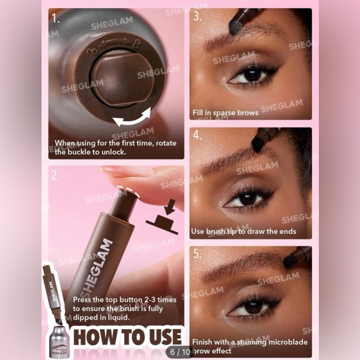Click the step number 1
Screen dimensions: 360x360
pos(56,18)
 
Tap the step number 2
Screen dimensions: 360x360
pos(56,176)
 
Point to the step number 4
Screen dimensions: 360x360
pos(198,135)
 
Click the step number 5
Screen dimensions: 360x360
pos(198,253)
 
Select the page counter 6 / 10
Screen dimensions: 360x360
pos(181,352)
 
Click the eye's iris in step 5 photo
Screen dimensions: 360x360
pos(253,306)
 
